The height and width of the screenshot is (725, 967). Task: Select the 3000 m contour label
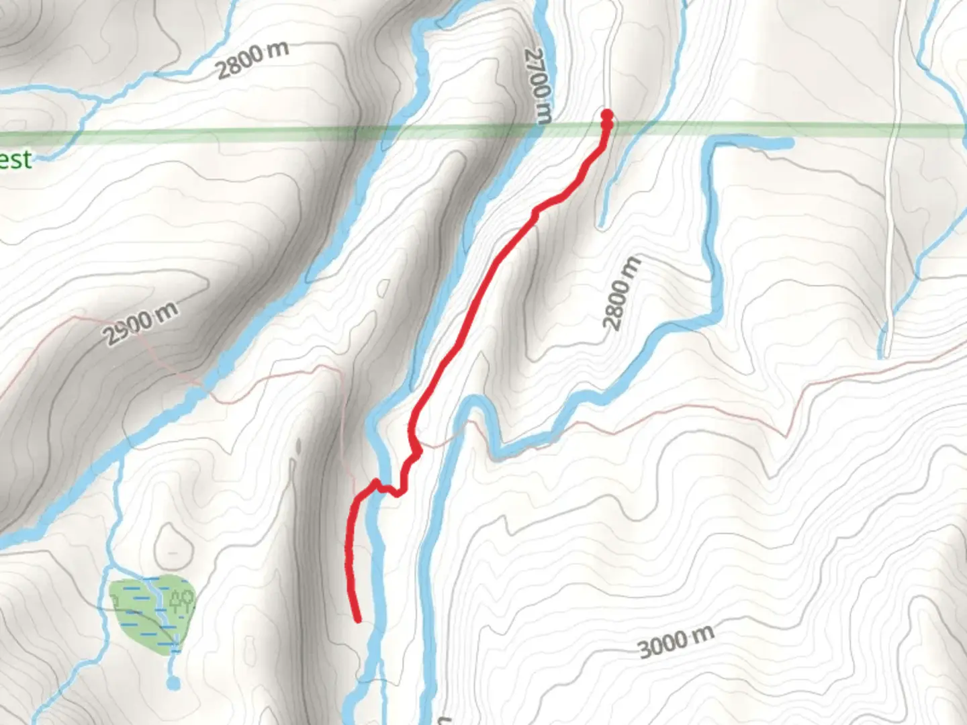(x=676, y=640)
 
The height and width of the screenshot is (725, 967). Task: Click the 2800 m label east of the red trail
(x=621, y=293)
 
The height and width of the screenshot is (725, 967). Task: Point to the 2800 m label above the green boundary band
(x=252, y=59)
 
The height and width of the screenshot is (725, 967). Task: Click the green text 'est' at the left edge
(x=15, y=160)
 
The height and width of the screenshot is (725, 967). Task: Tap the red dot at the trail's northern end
(x=607, y=115)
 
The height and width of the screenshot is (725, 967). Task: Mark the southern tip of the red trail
(x=357, y=619)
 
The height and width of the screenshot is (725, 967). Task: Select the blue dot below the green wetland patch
(x=173, y=683)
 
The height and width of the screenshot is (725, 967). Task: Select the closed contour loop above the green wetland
(x=173, y=544)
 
